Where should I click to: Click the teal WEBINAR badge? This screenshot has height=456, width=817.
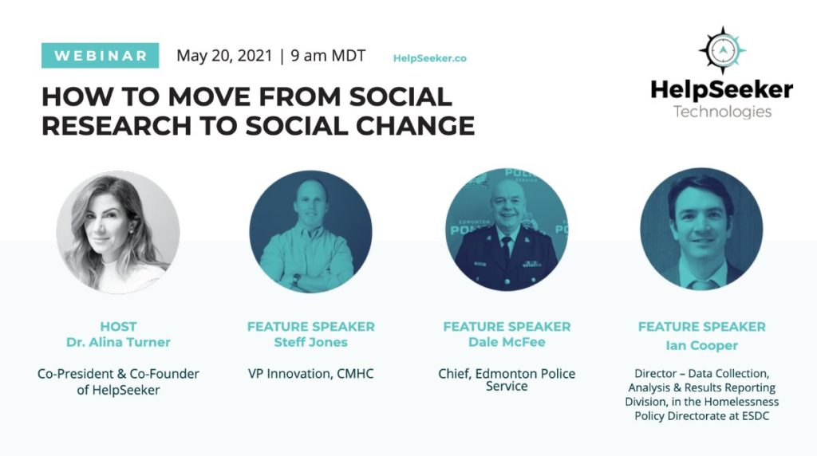tap(100, 56)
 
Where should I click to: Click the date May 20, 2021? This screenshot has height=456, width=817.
tap(224, 56)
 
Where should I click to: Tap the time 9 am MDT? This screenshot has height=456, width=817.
tap(328, 55)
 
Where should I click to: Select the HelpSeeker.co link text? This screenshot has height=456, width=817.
tap(430, 58)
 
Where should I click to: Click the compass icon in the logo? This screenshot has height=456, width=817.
tap(722, 50)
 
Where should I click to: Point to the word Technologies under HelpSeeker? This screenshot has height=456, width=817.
tap(722, 112)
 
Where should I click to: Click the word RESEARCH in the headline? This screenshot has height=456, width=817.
tap(116, 126)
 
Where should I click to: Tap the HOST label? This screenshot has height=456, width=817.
tap(118, 326)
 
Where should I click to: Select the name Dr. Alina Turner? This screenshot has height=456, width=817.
tap(118, 342)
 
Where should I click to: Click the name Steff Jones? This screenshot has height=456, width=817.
tap(310, 342)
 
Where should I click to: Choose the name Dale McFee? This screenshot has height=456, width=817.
tap(507, 342)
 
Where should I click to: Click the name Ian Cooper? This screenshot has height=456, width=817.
tap(702, 345)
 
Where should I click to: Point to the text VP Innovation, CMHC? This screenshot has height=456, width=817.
tap(310, 374)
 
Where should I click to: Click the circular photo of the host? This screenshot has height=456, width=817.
tap(118, 232)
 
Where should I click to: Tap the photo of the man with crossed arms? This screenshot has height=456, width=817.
tap(310, 232)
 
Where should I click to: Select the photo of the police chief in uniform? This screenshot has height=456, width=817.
tap(507, 230)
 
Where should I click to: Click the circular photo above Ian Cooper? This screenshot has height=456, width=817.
tap(701, 229)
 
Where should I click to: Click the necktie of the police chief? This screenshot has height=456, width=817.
tap(506, 247)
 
